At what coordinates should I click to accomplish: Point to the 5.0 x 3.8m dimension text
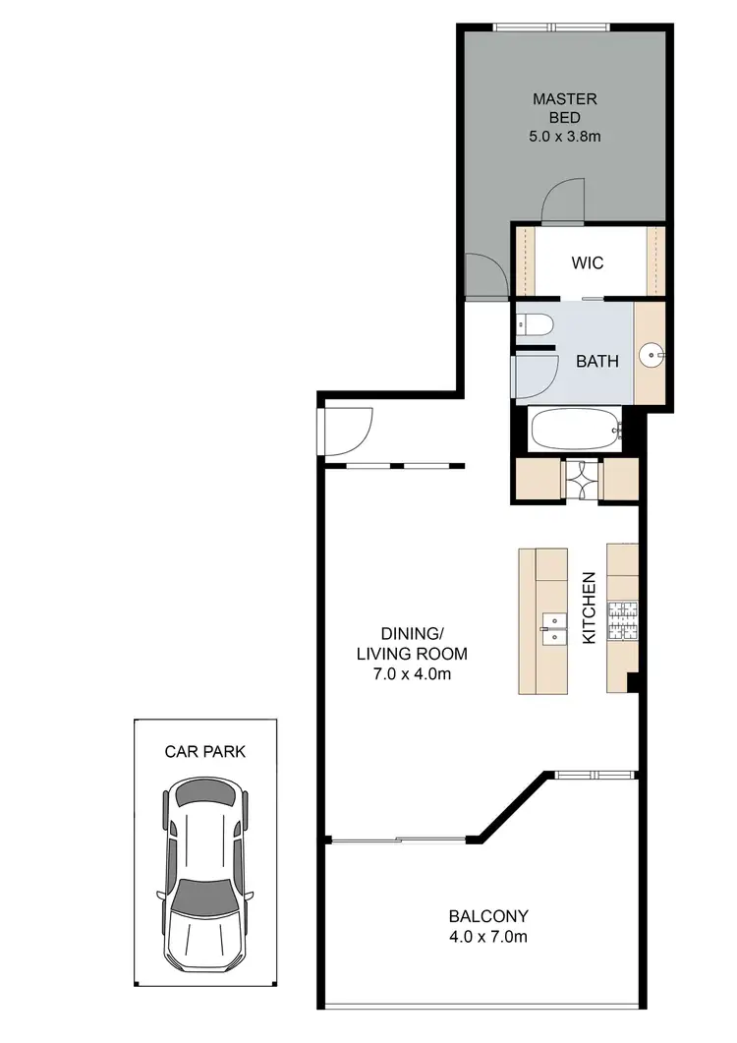point(564,137)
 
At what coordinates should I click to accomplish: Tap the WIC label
point(587,263)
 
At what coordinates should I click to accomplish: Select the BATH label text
point(596,361)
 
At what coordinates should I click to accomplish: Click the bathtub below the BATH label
point(576,429)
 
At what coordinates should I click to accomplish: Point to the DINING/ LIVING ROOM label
point(411,643)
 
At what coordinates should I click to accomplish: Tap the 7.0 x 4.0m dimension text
point(411,674)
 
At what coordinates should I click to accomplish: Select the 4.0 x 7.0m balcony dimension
point(487,937)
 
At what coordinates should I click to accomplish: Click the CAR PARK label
point(205,752)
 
